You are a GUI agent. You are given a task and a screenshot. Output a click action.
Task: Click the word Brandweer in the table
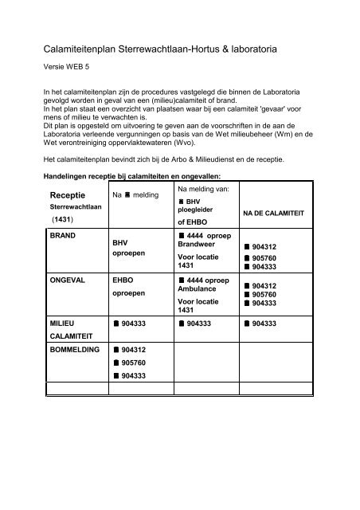pos(198,247)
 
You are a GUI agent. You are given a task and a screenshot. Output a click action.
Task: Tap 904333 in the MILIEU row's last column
pos(265,324)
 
